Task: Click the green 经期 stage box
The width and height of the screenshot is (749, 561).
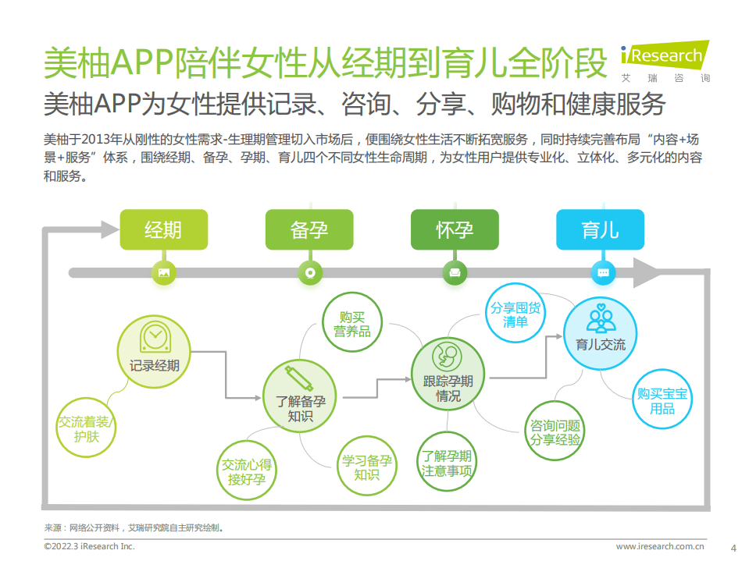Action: click(163, 229)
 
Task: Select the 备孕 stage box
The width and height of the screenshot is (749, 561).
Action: click(309, 229)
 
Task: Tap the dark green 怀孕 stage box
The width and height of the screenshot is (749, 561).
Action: click(455, 229)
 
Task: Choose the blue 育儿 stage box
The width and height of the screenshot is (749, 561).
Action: click(600, 229)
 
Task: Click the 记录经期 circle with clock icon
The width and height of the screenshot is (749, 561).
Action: click(154, 349)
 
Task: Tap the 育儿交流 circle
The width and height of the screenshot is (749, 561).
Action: click(600, 332)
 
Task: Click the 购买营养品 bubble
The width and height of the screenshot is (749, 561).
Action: click(351, 324)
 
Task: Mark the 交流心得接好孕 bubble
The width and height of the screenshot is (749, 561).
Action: click(247, 471)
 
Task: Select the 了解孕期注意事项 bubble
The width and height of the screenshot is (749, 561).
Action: click(447, 463)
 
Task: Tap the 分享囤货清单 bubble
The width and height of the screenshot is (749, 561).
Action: click(515, 314)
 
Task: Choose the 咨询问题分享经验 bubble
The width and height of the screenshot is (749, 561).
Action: click(555, 432)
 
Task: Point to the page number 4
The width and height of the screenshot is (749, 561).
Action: click(732, 546)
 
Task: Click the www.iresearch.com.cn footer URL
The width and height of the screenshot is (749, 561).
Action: click(661, 546)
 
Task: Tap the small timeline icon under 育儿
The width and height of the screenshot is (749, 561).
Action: click(602, 273)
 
